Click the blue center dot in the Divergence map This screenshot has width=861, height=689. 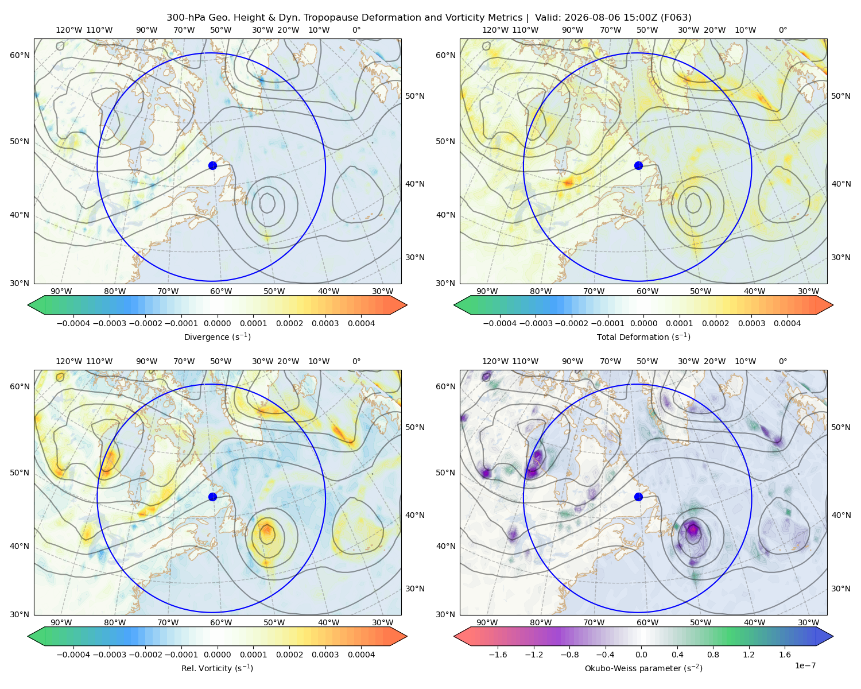click(212, 166)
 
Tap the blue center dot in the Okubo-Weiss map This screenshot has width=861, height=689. click(638, 497)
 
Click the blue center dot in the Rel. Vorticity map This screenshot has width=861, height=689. click(212, 497)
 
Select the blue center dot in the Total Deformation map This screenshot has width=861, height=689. click(638, 166)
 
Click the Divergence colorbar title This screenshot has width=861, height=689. click(217, 337)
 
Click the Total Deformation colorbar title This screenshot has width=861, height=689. click(643, 337)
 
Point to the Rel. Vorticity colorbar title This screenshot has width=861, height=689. click(217, 668)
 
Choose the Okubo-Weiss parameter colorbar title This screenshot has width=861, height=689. click(643, 668)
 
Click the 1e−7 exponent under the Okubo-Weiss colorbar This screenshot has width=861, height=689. click(805, 666)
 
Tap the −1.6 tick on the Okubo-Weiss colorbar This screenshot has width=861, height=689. click(498, 655)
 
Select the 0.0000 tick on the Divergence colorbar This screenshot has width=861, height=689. click(217, 323)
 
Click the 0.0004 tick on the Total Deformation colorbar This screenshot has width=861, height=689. click(788, 323)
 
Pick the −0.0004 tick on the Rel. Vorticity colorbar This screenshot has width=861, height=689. click(73, 655)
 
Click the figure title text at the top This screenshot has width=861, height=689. click(429, 18)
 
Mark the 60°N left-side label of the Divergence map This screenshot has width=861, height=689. click(20, 55)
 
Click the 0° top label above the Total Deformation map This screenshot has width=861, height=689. click(782, 30)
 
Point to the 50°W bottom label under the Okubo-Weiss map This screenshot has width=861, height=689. click(700, 622)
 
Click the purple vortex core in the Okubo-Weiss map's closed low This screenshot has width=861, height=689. click(693, 529)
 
